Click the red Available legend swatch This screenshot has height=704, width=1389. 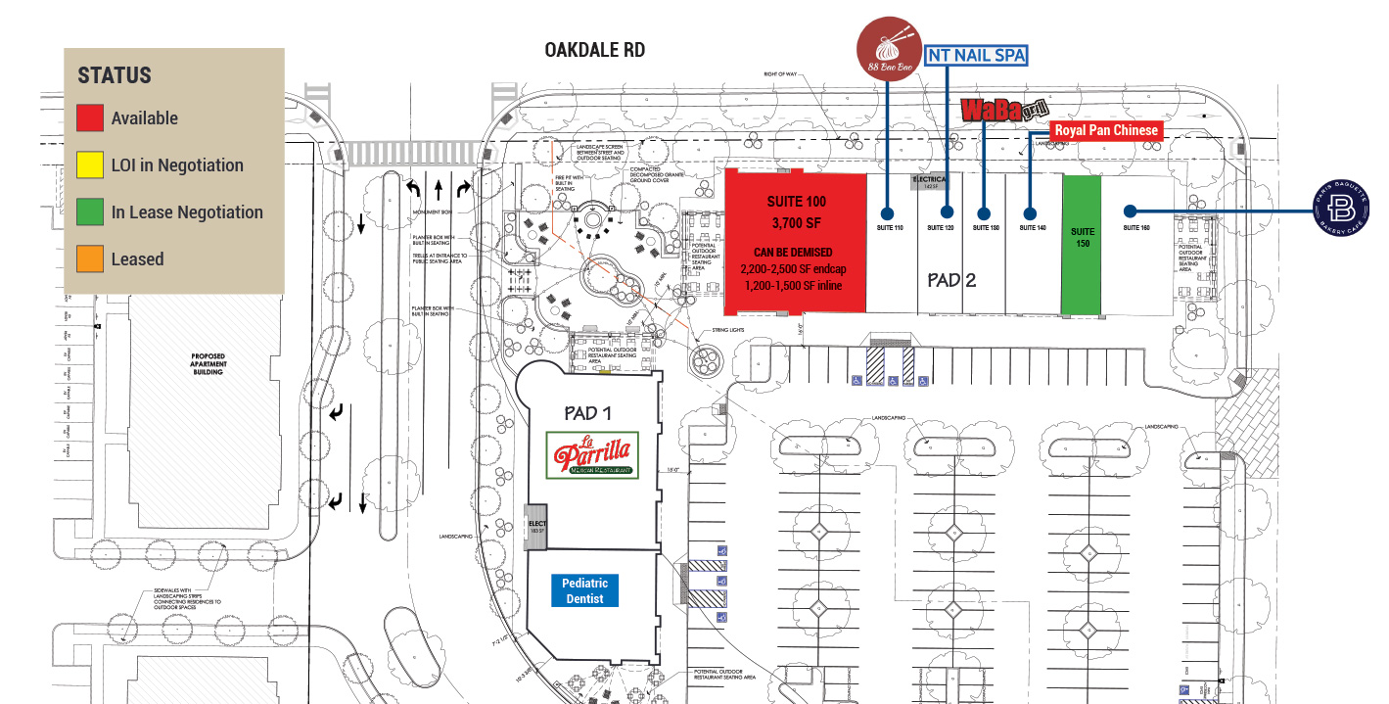point(90,117)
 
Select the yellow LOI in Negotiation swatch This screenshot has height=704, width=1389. point(90,164)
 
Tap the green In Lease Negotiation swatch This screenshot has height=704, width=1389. point(90,211)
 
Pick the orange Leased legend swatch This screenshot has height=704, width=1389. point(90,258)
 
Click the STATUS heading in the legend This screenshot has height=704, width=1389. point(115,75)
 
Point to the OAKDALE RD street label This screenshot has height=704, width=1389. point(595,50)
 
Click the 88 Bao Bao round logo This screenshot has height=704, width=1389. point(888,48)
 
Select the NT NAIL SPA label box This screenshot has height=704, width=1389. point(976,56)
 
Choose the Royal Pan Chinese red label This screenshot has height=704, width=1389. point(1106,130)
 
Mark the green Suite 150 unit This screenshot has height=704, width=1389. point(1082,245)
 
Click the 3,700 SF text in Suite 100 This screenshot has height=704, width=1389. point(796,223)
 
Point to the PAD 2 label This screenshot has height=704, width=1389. point(952,280)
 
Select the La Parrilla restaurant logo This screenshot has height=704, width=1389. point(592,455)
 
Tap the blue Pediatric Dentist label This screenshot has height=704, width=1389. point(585,590)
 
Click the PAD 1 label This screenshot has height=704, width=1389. point(587,413)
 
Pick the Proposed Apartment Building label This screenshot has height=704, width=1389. point(208,364)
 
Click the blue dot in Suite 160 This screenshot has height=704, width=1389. point(1130,211)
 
